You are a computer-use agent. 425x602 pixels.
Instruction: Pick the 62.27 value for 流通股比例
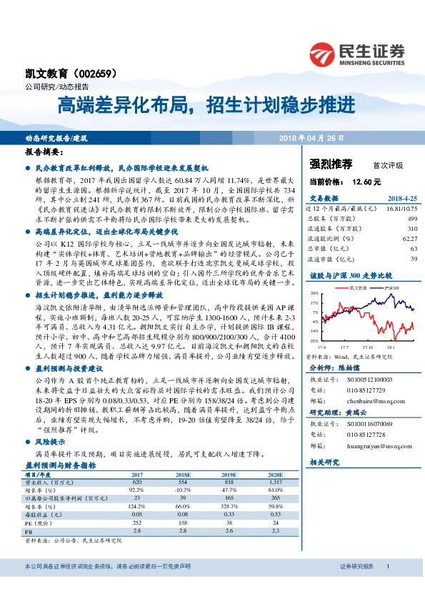[409, 238]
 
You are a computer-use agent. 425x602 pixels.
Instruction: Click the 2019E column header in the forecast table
[229, 473]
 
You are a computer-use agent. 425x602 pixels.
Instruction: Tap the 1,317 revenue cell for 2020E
[276, 481]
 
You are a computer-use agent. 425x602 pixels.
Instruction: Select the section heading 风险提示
[49, 443]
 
